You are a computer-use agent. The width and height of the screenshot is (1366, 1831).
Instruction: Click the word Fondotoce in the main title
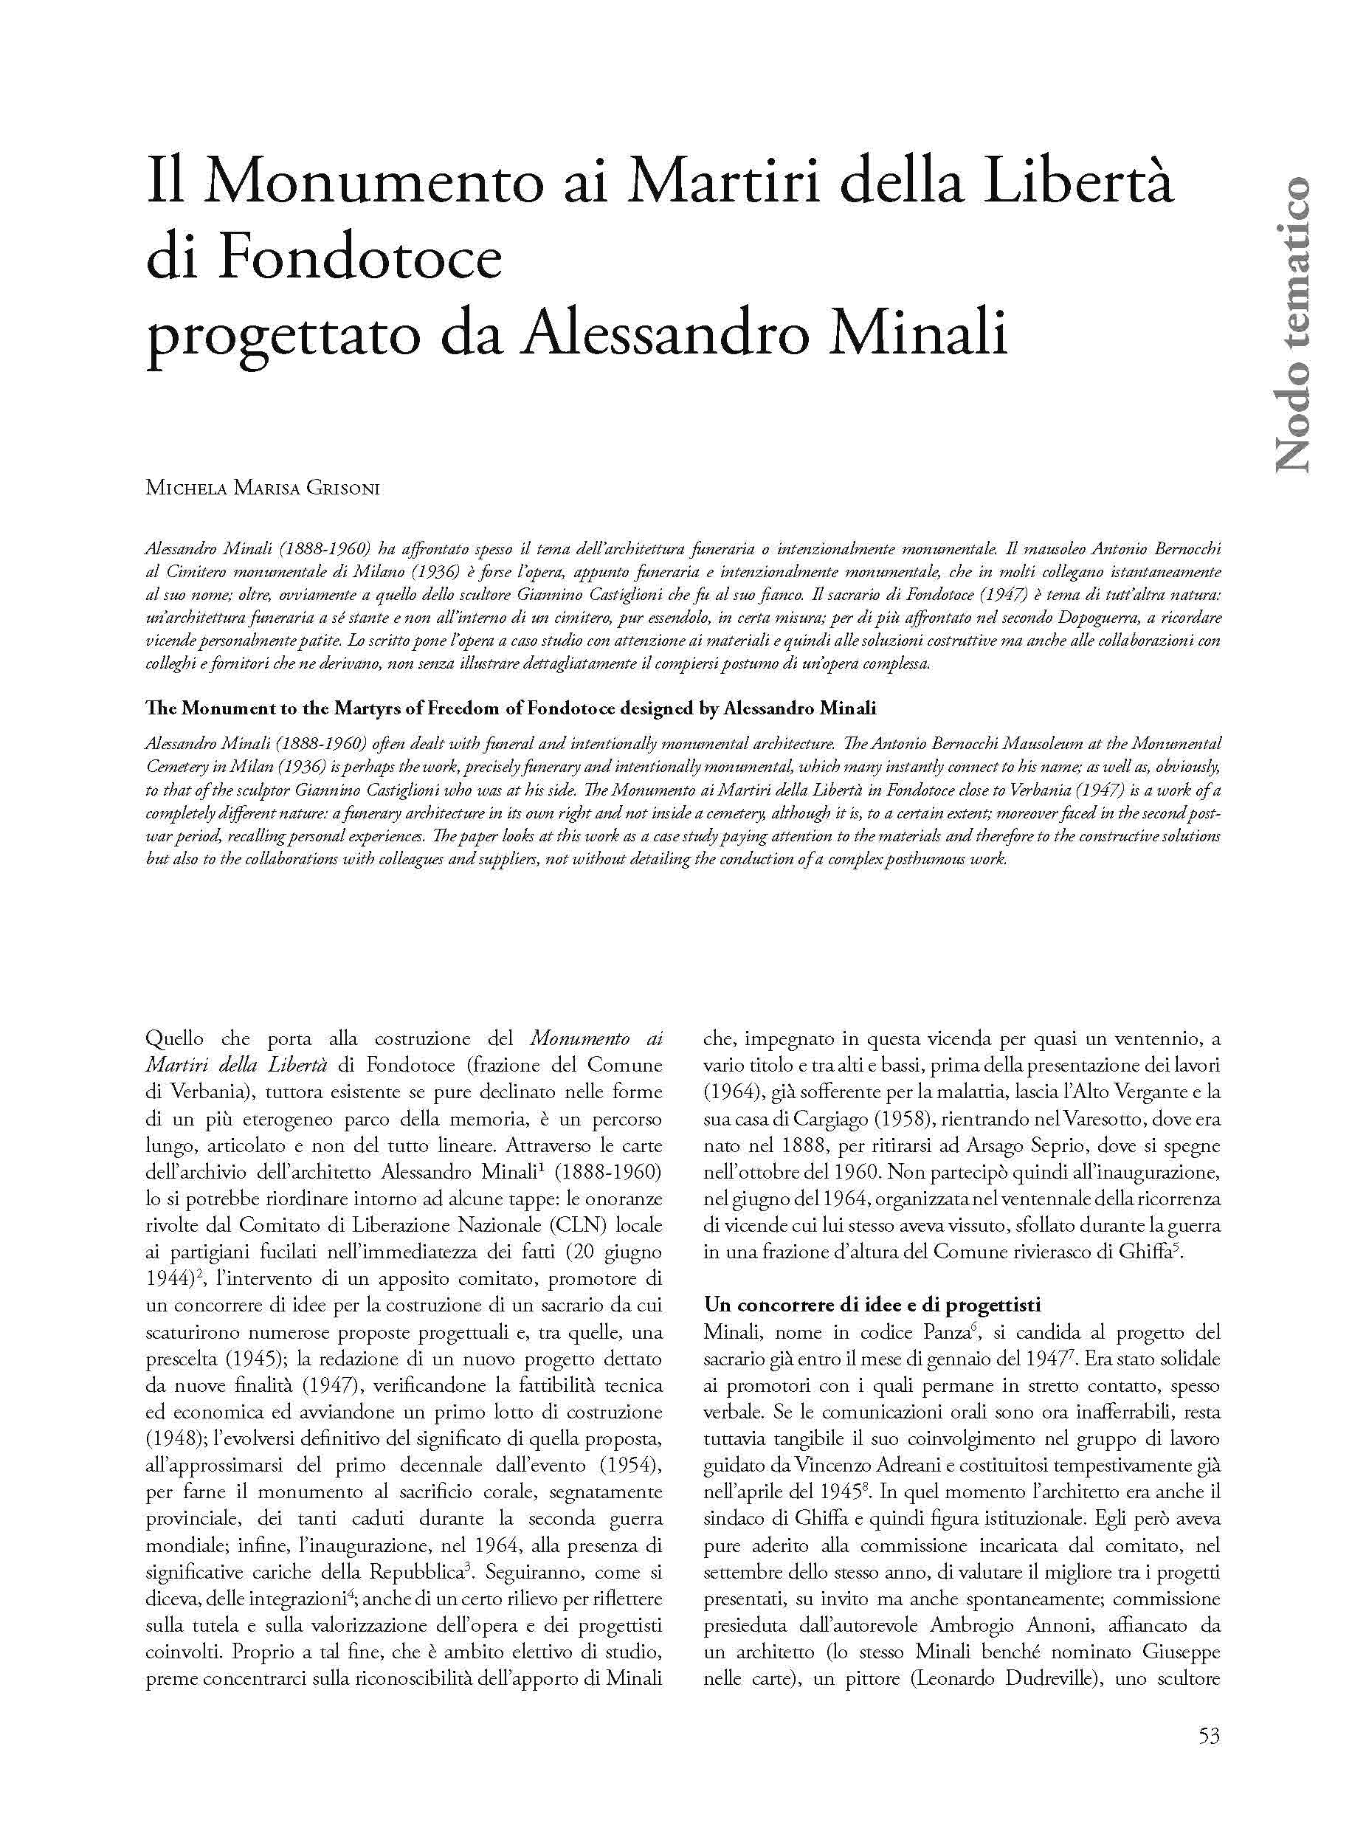pos(362,261)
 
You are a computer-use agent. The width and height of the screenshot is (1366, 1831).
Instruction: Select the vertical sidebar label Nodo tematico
pos(1291,324)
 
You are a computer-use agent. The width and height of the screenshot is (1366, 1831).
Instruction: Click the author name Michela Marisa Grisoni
pos(262,488)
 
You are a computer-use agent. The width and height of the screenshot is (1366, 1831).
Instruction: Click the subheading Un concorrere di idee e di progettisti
pos(872,1305)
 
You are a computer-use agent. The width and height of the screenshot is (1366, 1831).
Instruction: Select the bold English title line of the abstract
pos(510,708)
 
